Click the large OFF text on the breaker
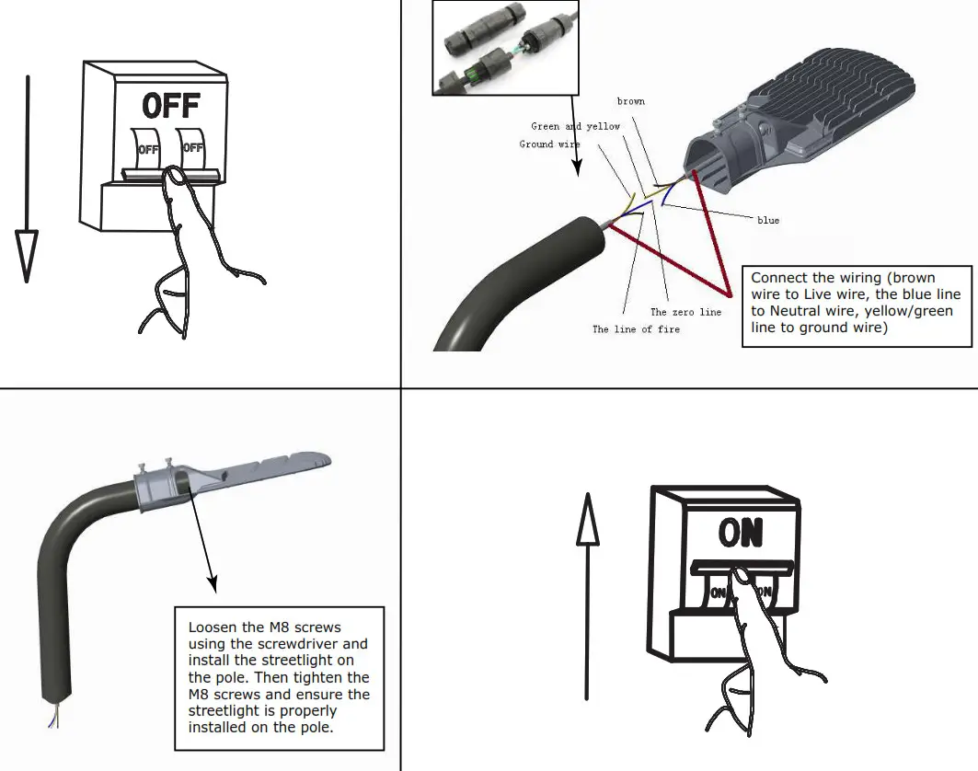click(171, 106)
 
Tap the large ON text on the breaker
click(742, 533)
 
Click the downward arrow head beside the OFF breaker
click(28, 256)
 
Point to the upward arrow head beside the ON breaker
click(587, 519)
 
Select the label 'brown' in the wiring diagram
click(630, 101)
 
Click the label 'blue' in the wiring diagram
click(767, 221)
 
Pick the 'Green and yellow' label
click(575, 126)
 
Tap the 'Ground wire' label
click(549, 144)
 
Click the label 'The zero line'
click(685, 313)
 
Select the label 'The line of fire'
click(636, 329)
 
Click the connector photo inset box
click(506, 48)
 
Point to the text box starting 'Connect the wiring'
click(856, 306)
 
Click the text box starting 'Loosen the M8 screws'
click(279, 677)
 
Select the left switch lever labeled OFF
click(147, 146)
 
